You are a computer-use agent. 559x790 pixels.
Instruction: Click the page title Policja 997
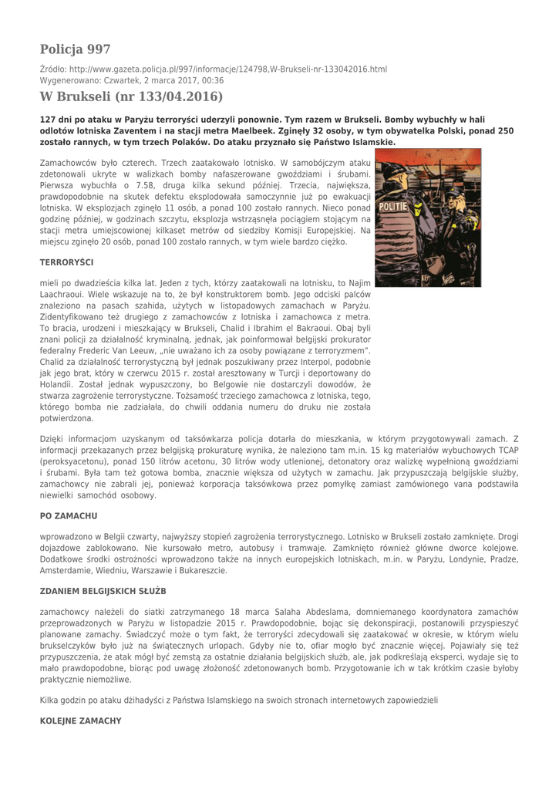point(75,49)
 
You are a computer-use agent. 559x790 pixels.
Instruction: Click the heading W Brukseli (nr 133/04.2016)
point(131,96)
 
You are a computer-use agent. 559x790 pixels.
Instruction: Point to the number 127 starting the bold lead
point(49,120)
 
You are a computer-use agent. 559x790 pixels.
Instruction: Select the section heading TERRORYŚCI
point(66,263)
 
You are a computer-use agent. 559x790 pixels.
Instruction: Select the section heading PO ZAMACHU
point(68,515)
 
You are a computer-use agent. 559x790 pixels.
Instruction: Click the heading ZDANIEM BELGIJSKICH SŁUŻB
point(103,591)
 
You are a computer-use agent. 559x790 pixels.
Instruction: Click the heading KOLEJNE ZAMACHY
point(80,721)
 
